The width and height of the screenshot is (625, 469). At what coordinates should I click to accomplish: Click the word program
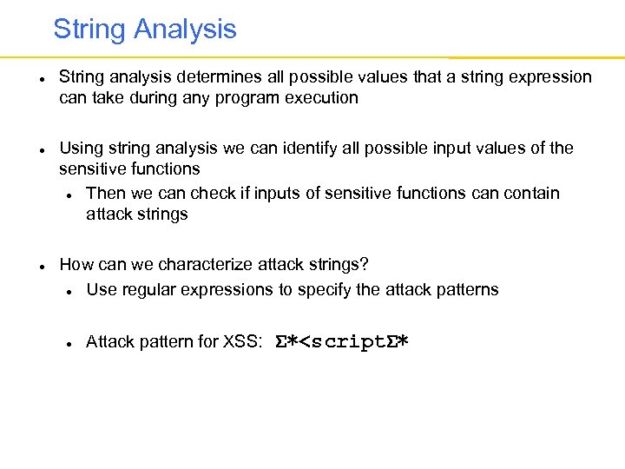tap(250, 97)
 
